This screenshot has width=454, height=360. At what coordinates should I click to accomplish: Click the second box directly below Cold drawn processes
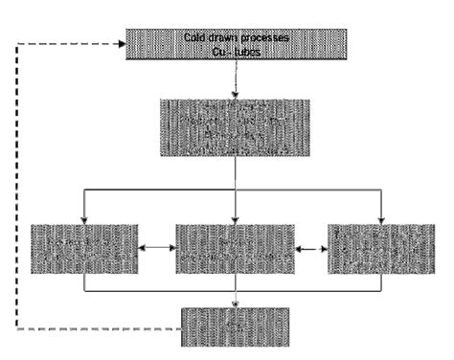pyautogui.click(x=235, y=125)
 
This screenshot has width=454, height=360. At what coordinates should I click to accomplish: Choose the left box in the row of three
pyautogui.click(x=84, y=251)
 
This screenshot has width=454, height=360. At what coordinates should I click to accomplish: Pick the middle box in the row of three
pyautogui.click(x=235, y=251)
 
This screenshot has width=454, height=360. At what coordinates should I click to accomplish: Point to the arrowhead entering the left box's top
pyautogui.click(x=84, y=219)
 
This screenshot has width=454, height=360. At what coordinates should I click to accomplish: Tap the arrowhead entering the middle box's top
pyautogui.click(x=235, y=219)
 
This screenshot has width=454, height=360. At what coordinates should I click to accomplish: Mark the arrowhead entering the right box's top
pyautogui.click(x=381, y=219)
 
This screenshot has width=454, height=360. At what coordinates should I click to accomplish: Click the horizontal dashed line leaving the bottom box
pyautogui.click(x=96, y=329)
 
